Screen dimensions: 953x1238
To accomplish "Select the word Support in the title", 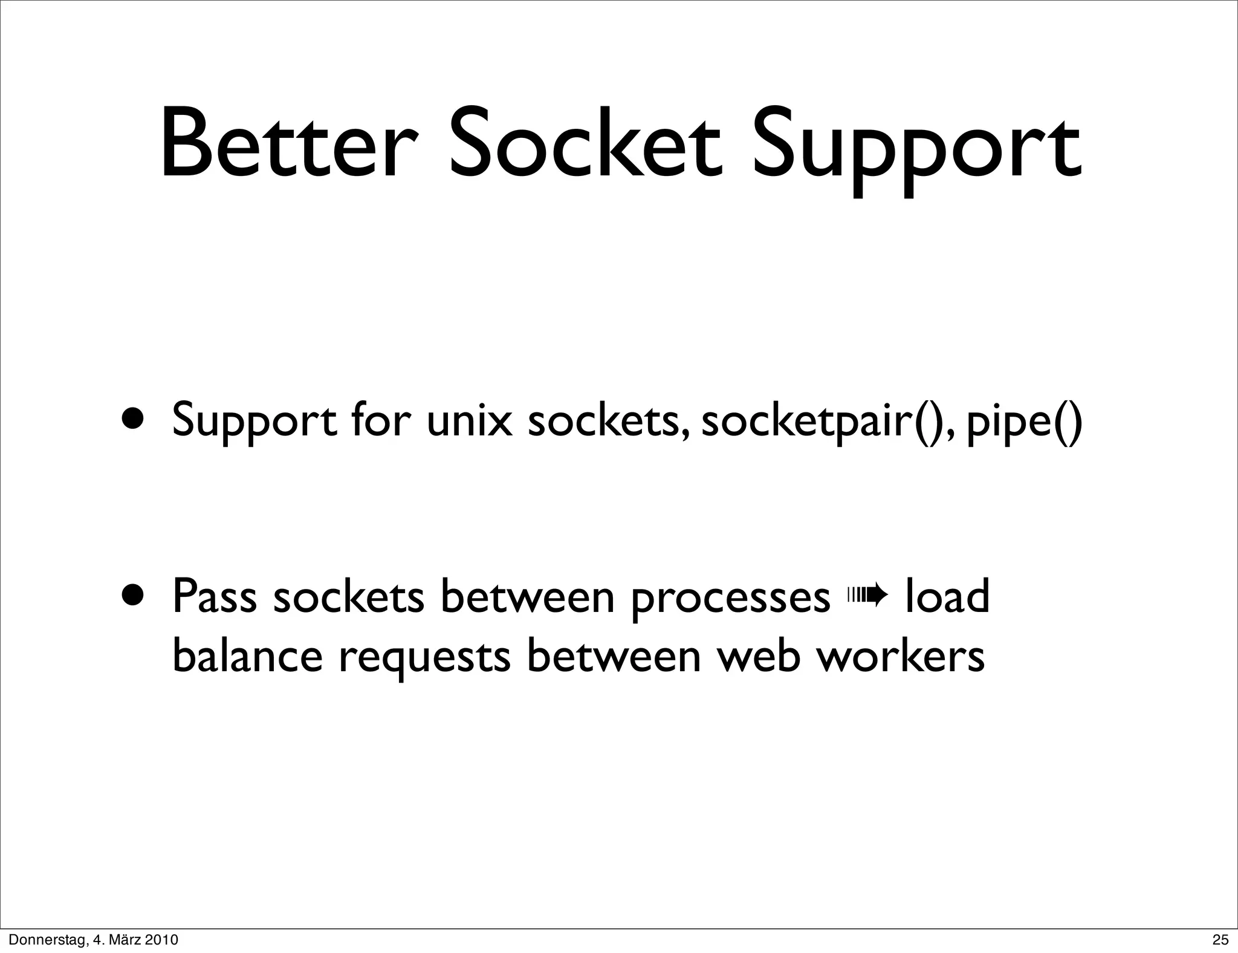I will pos(915,151).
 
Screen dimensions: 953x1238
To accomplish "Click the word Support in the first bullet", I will pos(254,421).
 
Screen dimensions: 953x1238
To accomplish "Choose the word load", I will pos(947,595).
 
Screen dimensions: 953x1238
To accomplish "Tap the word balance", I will pos(248,655).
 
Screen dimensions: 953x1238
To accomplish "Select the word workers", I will pos(901,655).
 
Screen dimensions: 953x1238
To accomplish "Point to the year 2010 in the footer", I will pos(162,940).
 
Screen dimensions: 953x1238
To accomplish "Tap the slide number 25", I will pos(1220,940).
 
